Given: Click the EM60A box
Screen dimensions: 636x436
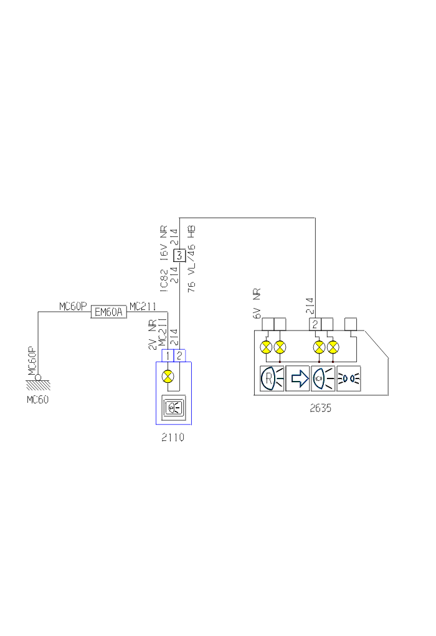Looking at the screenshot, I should tap(109, 312).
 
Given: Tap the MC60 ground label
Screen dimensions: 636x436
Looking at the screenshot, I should tap(37, 399).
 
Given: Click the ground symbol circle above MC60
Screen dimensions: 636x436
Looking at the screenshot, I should tap(38, 377).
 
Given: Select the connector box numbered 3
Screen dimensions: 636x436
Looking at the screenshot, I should tap(179, 254).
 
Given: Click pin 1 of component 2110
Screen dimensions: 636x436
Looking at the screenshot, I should tap(168, 356).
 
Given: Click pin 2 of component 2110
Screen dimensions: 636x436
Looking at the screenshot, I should tap(179, 356).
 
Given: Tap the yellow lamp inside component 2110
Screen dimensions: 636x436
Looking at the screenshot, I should tap(167, 376).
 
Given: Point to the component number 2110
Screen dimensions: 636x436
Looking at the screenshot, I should tap(173, 438).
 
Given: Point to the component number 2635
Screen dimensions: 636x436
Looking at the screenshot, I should tap(320, 409).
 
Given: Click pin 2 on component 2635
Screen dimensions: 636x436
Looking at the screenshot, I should tap(316, 324).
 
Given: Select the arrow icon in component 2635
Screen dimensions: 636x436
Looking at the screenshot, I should tap(298, 378).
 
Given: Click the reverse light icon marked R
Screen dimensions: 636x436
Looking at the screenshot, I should tap(272, 378).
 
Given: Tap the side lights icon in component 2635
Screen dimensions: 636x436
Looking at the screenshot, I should tap(349, 378).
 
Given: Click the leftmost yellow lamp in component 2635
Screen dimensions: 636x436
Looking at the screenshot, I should tap(267, 347).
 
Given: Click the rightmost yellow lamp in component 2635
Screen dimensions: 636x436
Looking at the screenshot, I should tap(334, 347).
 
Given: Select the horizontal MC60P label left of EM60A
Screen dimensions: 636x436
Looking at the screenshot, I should tap(72, 306).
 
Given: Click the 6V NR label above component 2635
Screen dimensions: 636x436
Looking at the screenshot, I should tap(257, 304).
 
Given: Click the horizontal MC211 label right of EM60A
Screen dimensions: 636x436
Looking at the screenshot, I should tap(142, 306).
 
